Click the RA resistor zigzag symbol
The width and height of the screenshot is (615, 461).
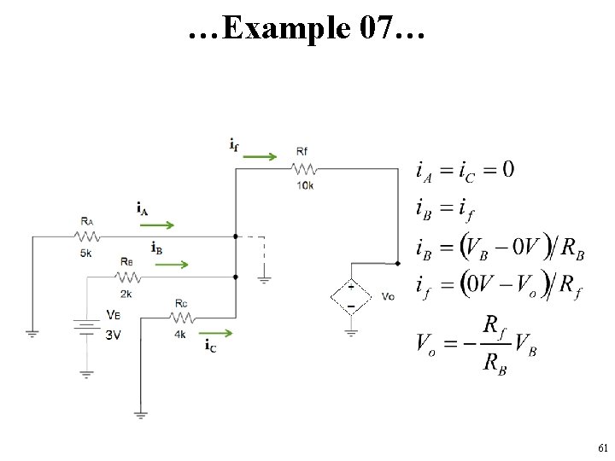pos(86,236)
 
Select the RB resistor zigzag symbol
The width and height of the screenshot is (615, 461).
pos(128,277)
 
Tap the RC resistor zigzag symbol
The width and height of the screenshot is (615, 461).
pos(182,318)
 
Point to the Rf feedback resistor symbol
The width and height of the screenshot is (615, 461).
pos(304,169)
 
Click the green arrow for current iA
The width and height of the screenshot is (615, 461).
pos(157,225)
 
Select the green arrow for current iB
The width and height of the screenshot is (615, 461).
pos(172,265)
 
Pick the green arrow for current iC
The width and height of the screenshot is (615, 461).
pos(216,333)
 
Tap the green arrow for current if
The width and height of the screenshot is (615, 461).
pos(260,157)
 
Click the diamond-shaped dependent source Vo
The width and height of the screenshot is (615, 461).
pos(351,297)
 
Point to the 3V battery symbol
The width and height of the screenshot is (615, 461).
pos(86,327)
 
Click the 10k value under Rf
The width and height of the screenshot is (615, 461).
pos(305,185)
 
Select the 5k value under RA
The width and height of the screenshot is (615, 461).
pos(86,254)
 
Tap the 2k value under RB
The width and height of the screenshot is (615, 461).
pos(126,294)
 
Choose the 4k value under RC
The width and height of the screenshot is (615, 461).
pos(180,335)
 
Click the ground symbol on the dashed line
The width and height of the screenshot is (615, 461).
pos(264,280)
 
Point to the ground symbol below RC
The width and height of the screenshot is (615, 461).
pos(140,415)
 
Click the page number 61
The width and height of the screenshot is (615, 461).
pos(603,447)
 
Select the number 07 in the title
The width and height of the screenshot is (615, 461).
pos(376,27)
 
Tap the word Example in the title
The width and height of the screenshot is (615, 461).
pos(286,29)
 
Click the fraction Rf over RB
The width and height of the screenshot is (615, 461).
pos(495,344)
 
